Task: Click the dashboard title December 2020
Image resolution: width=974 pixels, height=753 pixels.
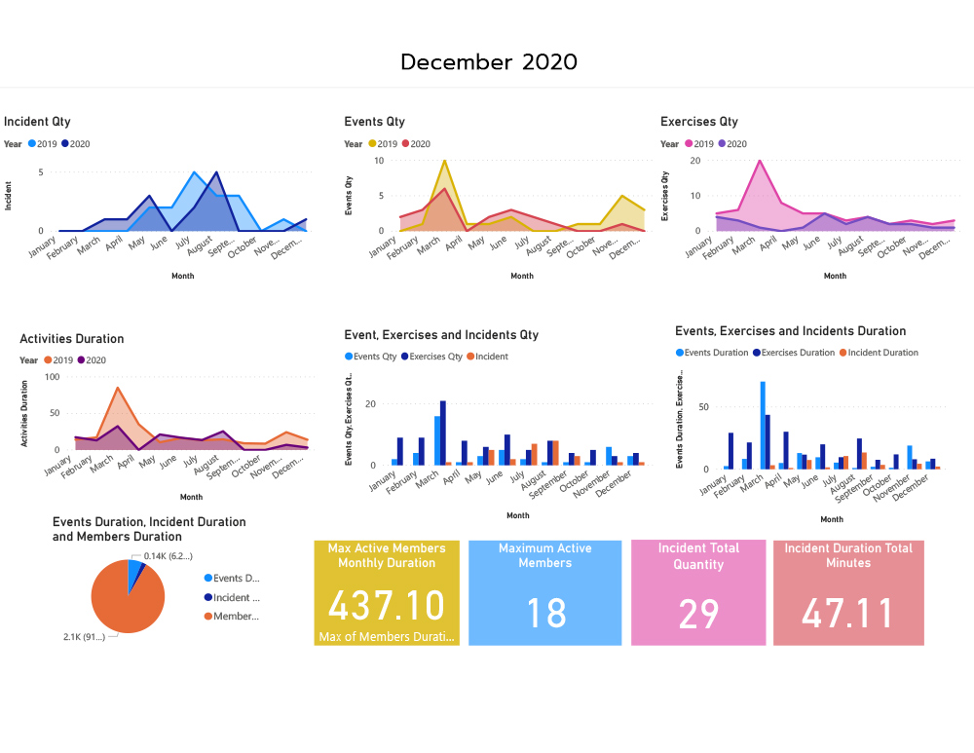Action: click(x=488, y=62)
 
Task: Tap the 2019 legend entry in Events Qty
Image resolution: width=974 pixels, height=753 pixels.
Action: click(x=382, y=144)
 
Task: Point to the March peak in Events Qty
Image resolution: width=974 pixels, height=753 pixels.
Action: click(x=444, y=162)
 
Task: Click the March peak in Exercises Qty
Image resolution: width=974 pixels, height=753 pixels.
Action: click(x=760, y=162)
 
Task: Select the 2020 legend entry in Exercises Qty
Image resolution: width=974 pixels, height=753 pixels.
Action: click(x=730, y=144)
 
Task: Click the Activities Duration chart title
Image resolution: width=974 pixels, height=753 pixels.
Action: click(x=72, y=339)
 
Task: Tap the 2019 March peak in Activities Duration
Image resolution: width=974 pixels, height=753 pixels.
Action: click(x=118, y=389)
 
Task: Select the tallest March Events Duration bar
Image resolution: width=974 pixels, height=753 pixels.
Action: click(x=763, y=425)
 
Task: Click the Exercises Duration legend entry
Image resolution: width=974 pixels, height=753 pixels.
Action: click(x=798, y=353)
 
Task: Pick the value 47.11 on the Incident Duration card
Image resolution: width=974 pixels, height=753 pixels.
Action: click(x=847, y=614)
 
